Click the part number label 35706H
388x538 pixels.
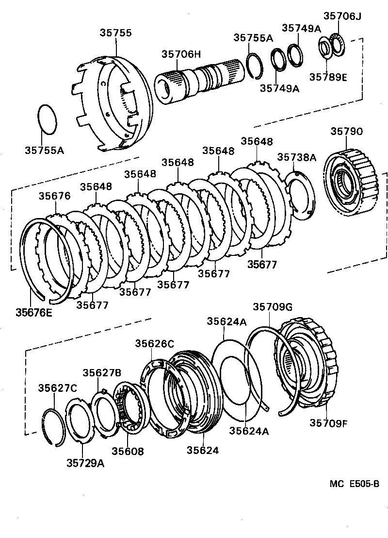180,54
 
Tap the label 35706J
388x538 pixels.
342,17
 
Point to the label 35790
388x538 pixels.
347,132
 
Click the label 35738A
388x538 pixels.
297,157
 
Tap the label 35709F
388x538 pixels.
328,423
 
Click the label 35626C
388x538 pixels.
154,344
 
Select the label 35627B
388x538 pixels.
101,372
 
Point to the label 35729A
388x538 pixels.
85,463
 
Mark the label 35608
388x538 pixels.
128,451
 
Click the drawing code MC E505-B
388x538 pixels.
354,484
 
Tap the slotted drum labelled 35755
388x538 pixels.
114,104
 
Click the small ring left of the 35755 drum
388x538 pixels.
48,118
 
